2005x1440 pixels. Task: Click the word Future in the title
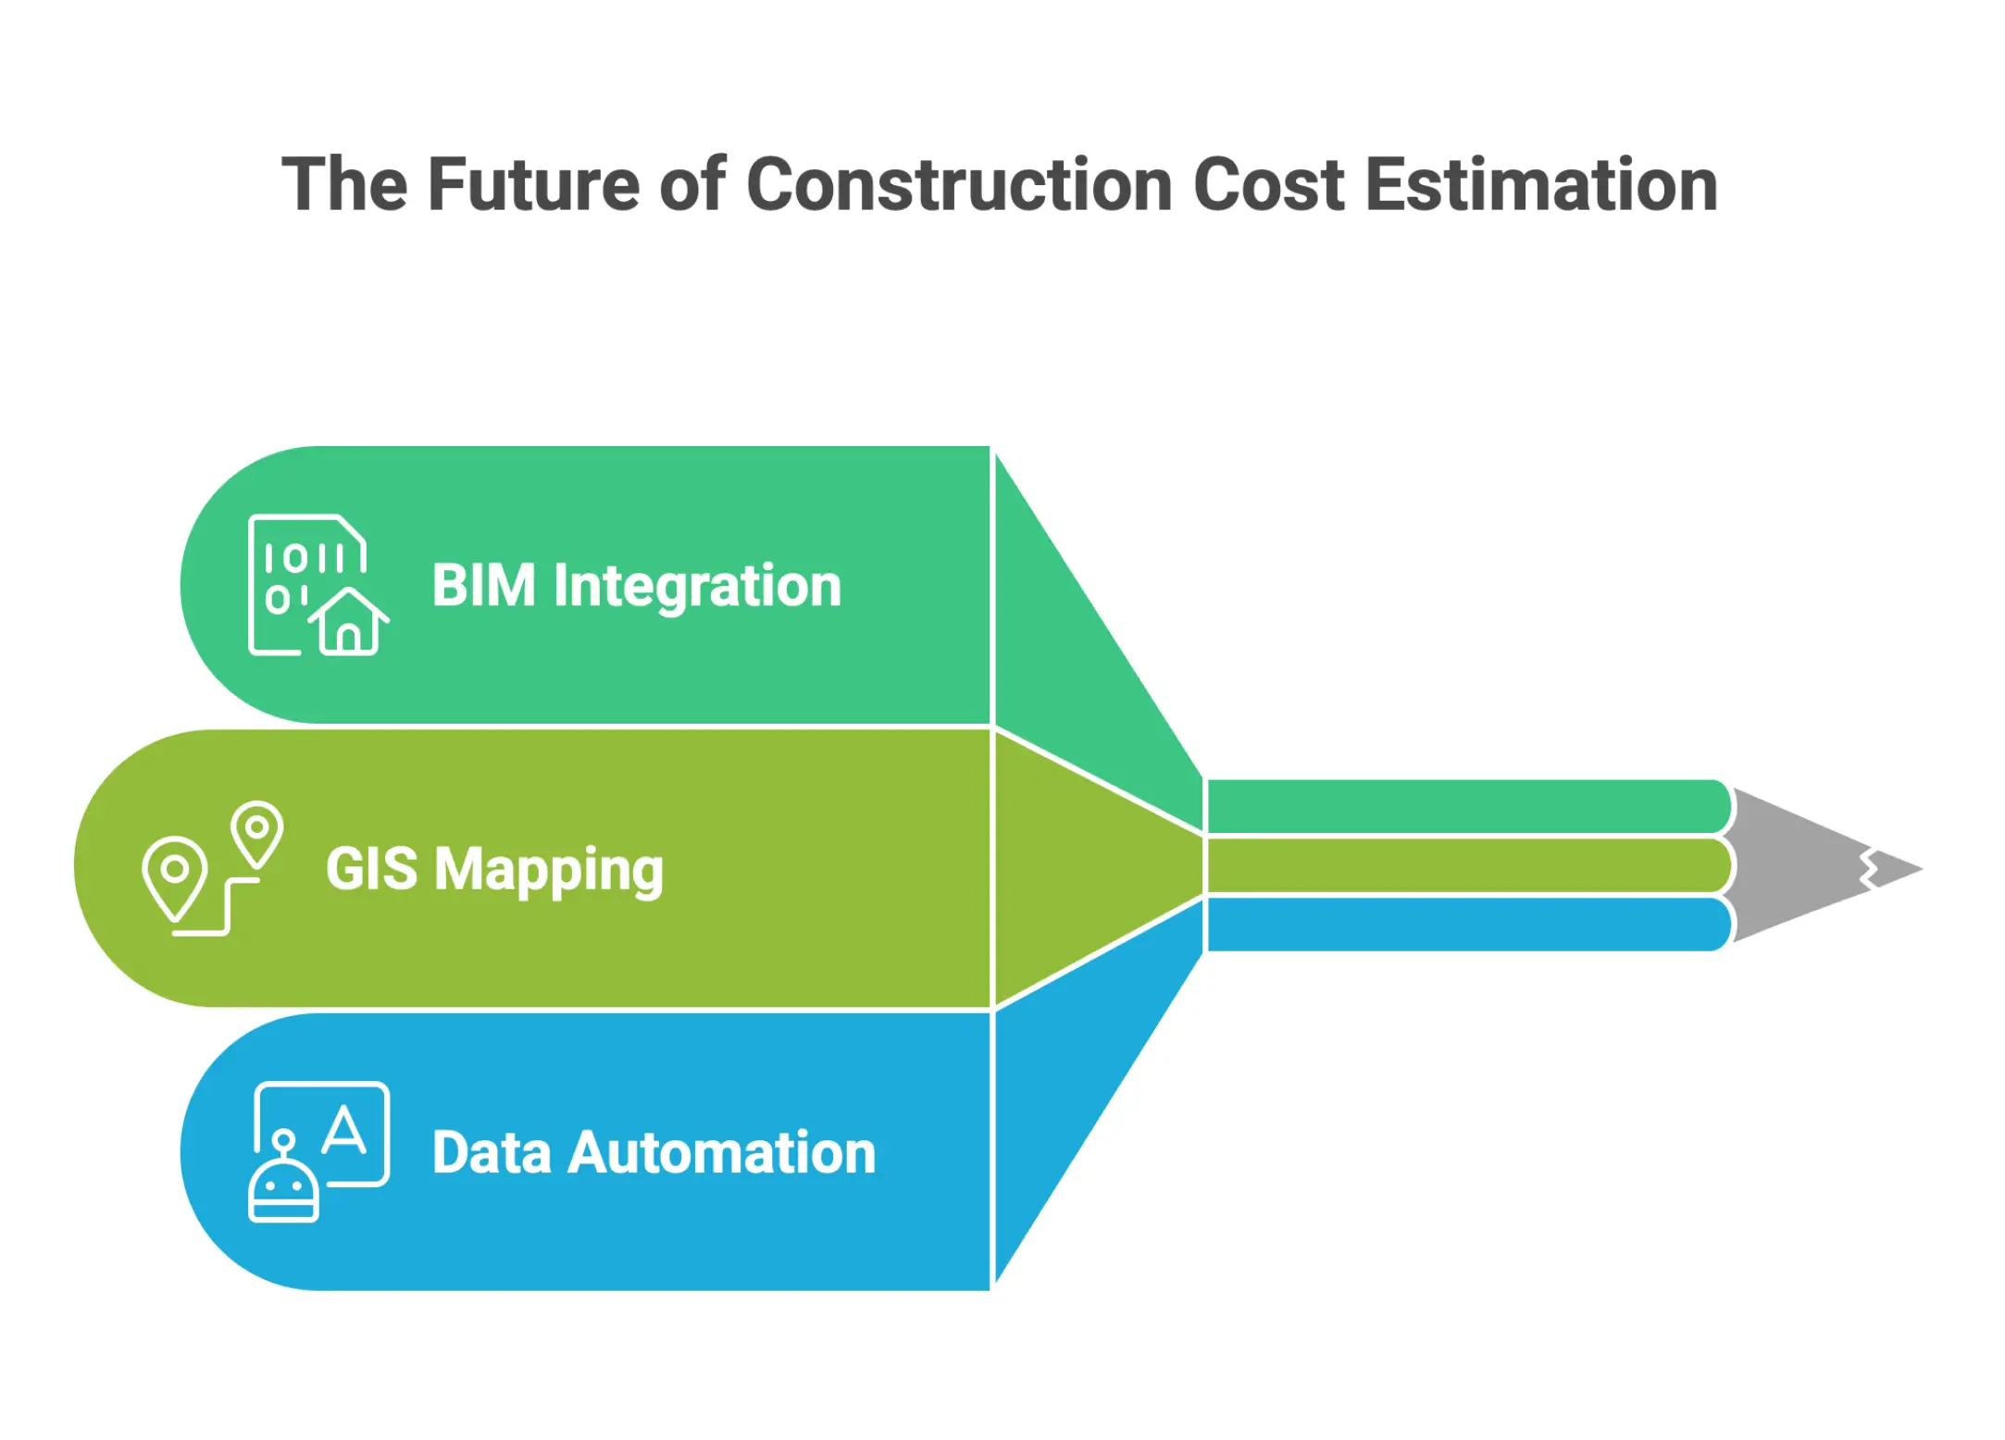point(533,185)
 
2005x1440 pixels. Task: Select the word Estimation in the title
point(1541,185)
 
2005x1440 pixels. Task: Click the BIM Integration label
point(637,586)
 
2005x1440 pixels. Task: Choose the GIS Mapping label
point(494,869)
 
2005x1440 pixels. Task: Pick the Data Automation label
point(654,1153)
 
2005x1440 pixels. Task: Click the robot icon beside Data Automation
point(318,1152)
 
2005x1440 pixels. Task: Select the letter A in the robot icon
point(344,1130)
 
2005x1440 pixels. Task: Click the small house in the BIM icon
point(348,623)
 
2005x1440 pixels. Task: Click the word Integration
point(697,586)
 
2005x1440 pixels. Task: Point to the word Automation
point(722,1153)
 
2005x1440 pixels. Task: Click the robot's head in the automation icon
point(283,1188)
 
